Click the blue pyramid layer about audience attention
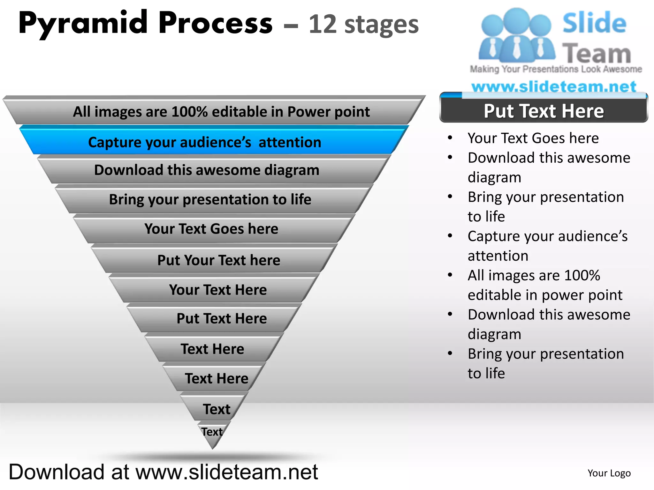click(x=205, y=142)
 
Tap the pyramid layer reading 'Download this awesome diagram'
click(x=207, y=170)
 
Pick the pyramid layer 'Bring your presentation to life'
click(x=210, y=199)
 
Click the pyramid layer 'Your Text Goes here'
click(x=211, y=229)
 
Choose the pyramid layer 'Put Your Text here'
click(x=219, y=260)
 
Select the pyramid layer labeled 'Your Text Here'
click(x=218, y=290)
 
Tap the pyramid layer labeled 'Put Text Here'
click(x=222, y=318)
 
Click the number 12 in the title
click(x=323, y=24)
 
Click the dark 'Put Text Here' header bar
click(x=544, y=111)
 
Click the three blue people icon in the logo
click(x=517, y=35)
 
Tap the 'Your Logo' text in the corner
click(x=609, y=473)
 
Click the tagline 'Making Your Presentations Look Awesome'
click(x=556, y=69)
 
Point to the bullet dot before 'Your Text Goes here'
click(x=450, y=138)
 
